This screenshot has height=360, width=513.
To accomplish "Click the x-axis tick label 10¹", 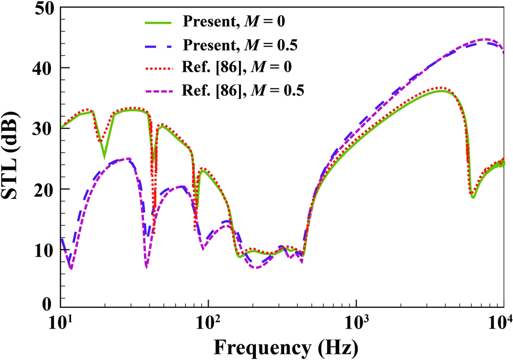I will coord(61,324).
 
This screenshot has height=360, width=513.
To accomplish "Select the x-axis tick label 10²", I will coord(208,324).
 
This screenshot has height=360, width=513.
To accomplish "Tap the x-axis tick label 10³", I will coord(356,324).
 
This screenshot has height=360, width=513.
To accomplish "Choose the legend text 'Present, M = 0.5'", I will coord(242,45).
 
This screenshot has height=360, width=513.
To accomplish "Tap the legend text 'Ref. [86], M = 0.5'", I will coord(242,91).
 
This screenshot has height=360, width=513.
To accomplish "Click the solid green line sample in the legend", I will coord(158,23).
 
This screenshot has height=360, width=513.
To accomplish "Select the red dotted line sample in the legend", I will coord(158,69).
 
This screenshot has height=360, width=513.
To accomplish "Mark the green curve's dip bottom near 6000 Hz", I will coord(473,197).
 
